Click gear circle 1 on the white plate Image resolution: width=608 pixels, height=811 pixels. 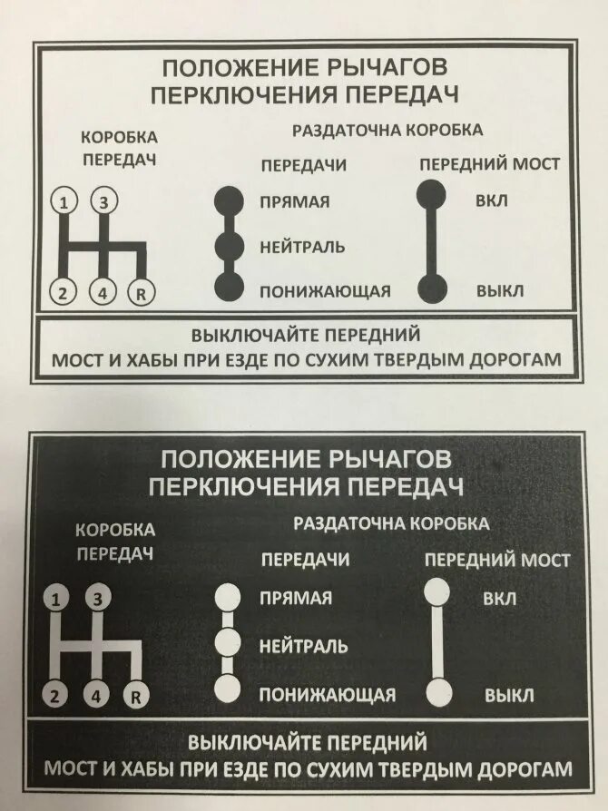click(x=64, y=201)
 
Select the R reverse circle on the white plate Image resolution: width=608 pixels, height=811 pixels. click(x=140, y=292)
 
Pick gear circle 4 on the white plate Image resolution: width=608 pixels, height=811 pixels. click(x=103, y=292)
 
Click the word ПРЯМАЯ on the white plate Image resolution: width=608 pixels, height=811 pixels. click(x=294, y=200)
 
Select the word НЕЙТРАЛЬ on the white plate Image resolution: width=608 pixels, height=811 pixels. click(x=301, y=246)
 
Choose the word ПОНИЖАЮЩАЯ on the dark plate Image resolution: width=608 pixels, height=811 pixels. click(x=327, y=695)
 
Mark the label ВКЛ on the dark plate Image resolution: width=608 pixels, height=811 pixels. click(x=500, y=599)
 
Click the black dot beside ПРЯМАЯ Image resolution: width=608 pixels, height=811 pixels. click(x=229, y=200)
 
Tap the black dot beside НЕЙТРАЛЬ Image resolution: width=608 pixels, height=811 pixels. click(x=229, y=245)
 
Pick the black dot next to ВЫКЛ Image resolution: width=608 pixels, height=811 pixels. click(x=432, y=288)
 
